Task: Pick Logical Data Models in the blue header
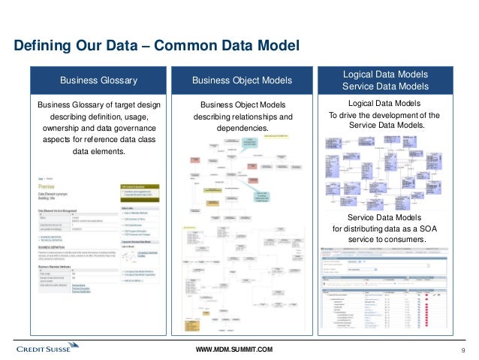(385, 74)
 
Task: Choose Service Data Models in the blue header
(385, 87)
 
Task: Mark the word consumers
(405, 241)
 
